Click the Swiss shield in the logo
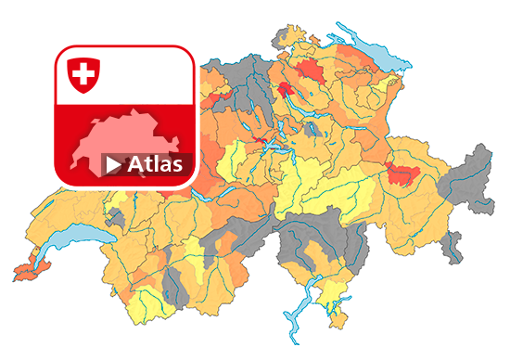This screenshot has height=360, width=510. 83,74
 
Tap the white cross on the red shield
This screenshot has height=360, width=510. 83,72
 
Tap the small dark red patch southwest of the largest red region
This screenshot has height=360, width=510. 285,89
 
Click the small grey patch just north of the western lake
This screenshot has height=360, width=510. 115,219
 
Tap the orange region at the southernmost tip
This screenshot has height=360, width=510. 332,315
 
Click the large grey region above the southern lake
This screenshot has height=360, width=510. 306,237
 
